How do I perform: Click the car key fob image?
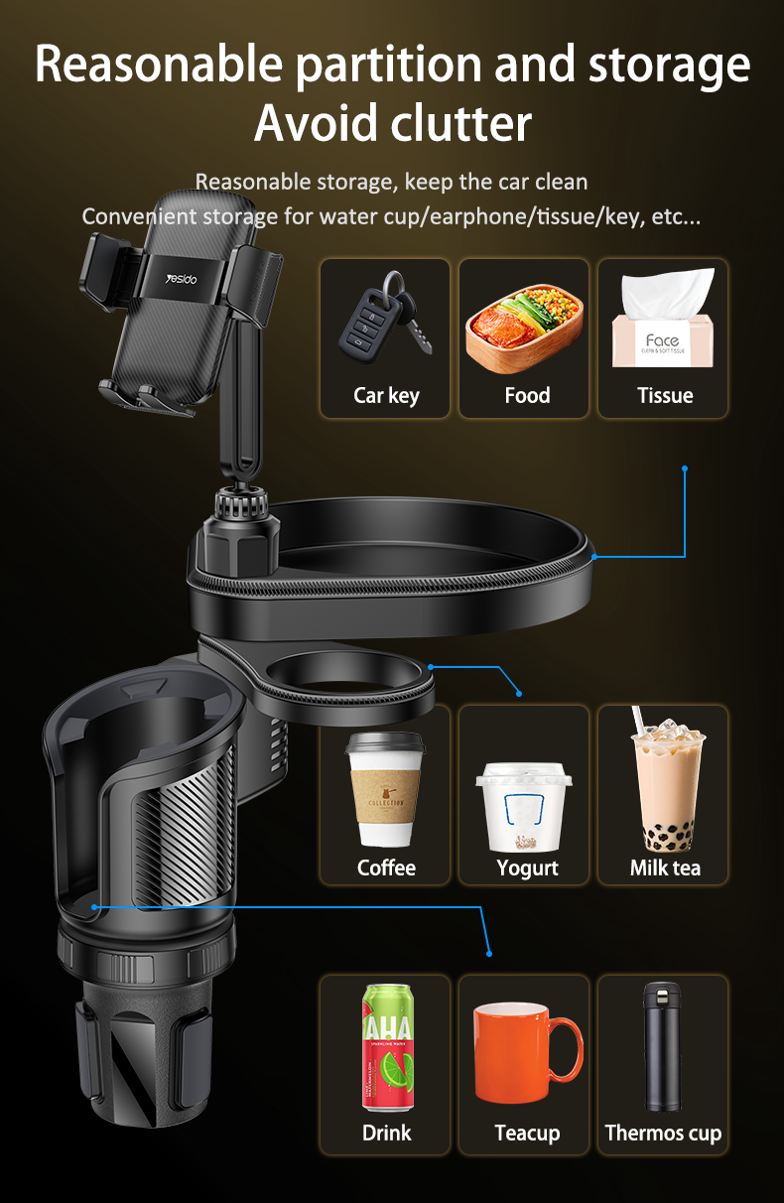point(384,319)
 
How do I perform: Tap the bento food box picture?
point(524,329)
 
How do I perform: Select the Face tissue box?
point(664,319)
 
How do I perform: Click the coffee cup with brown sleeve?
point(384,790)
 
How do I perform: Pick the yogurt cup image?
point(524,807)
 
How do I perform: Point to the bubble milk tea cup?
point(668,780)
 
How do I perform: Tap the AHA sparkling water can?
point(388,1048)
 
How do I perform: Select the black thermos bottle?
point(662,1047)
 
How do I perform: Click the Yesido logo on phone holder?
point(182,279)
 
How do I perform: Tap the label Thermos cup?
point(663,1134)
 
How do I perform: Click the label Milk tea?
point(665,868)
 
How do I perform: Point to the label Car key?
point(386,396)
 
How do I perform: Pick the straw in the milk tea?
point(639,721)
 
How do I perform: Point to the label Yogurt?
point(527,869)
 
